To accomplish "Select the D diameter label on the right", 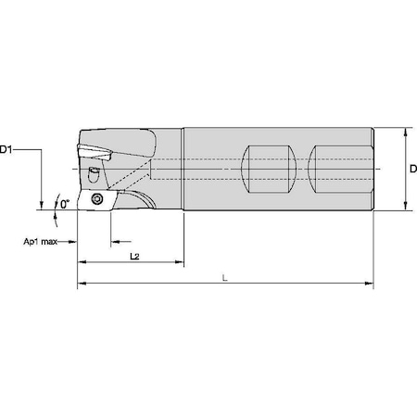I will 412,167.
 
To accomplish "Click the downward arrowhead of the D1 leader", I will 41,207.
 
